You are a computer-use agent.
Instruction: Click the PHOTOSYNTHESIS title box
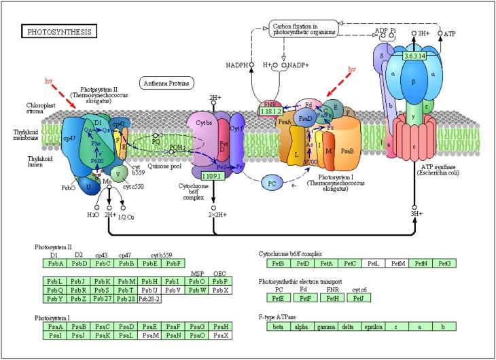60,31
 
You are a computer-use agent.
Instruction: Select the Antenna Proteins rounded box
166,83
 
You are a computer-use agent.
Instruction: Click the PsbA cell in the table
55,264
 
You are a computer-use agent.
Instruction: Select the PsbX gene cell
217,289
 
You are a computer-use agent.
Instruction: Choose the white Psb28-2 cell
148,299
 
